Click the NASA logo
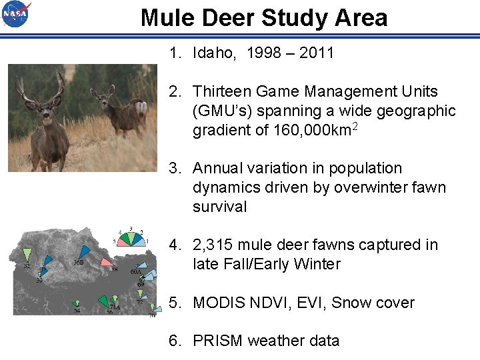pos(16,14)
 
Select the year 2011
pos(317,53)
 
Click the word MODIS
pos(216,303)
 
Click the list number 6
pos(174,341)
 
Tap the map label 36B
pos(77,263)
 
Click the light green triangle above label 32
pos(27,254)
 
